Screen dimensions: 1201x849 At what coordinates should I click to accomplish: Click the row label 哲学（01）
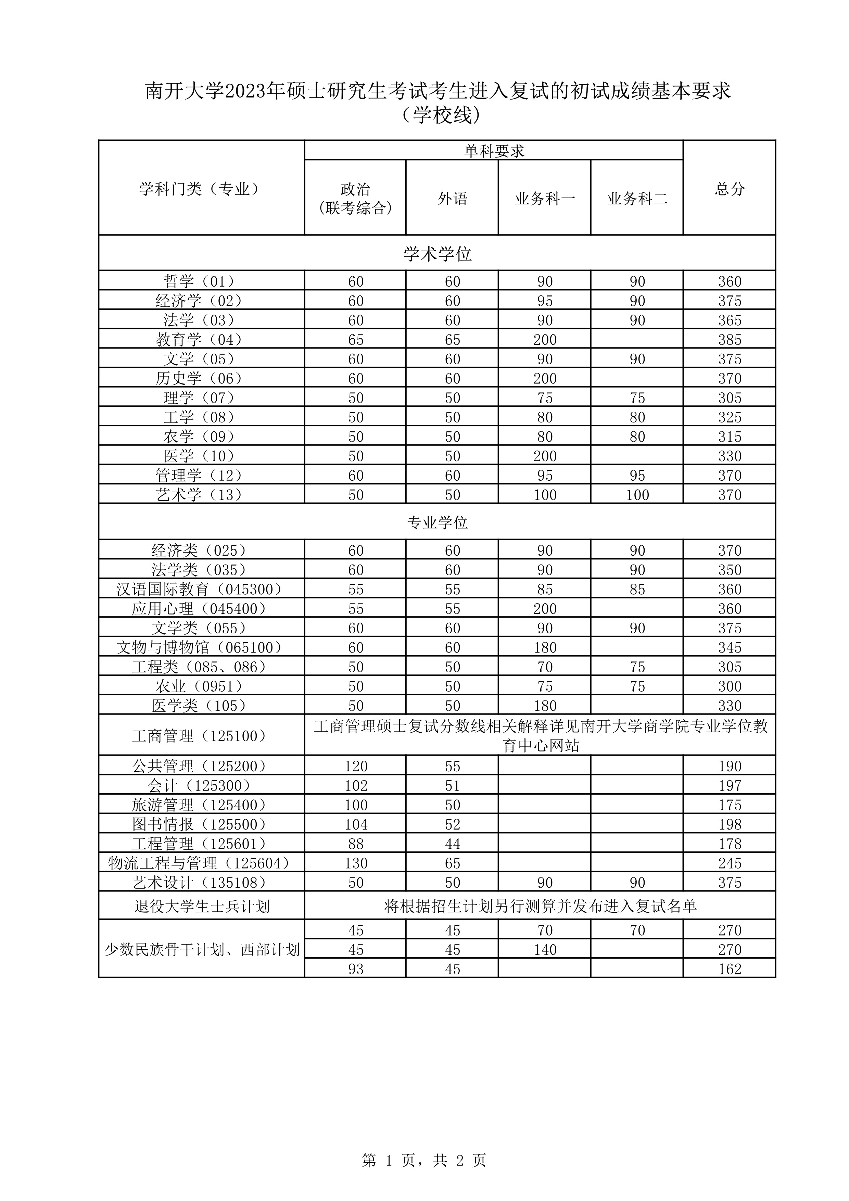201,281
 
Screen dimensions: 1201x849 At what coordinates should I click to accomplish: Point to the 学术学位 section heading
437,254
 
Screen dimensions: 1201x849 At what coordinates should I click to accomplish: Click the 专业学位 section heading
437,522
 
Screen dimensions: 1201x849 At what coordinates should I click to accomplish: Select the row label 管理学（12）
201,476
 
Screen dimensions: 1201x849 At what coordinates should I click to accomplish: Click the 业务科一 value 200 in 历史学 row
545,378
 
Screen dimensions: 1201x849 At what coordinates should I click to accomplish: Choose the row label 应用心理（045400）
201,608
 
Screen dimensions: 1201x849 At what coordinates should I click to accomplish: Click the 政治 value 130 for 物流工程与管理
356,863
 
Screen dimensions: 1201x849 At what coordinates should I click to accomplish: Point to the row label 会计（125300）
201,786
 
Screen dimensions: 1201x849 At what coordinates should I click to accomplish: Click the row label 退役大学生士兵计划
201,906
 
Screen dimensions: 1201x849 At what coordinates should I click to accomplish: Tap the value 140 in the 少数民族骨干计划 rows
545,949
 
